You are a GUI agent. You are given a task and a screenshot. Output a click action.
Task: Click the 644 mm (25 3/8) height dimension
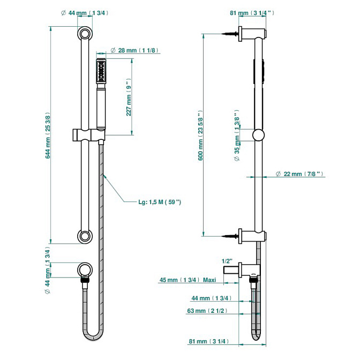[48, 137]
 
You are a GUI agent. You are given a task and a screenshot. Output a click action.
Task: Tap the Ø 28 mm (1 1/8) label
[134, 50]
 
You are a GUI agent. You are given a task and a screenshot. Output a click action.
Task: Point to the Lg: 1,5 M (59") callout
[160, 202]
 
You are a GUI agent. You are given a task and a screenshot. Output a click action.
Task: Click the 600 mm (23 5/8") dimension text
[200, 136]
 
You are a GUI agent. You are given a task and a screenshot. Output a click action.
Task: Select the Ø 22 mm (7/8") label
[298, 174]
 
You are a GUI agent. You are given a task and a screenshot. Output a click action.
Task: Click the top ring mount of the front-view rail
[85, 34]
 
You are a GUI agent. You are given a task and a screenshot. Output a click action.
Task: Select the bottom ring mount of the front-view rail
[85, 235]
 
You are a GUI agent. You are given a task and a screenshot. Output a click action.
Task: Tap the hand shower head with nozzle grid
[101, 71]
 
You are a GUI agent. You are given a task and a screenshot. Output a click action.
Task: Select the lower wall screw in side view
[231, 235]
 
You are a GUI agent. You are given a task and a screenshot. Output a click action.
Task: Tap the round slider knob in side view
[259, 135]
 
